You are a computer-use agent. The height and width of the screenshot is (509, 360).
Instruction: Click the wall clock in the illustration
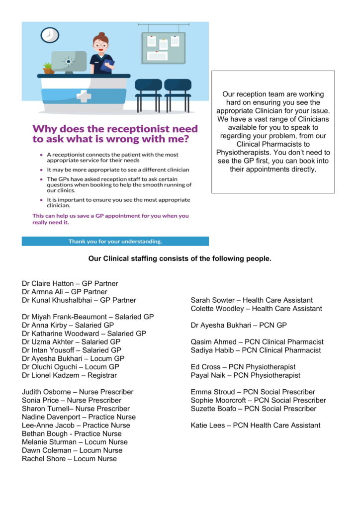(x=50, y=35)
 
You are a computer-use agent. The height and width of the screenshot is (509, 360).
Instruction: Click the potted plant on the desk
(x=48, y=68)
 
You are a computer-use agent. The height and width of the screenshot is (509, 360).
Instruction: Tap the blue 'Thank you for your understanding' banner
(x=115, y=242)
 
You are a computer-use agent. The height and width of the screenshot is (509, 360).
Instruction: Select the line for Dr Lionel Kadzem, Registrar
(x=69, y=375)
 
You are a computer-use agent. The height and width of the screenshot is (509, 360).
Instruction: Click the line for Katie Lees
(x=256, y=425)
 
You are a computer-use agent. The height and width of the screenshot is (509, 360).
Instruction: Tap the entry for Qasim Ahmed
(x=257, y=341)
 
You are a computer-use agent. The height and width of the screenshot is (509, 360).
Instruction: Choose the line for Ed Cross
(x=246, y=367)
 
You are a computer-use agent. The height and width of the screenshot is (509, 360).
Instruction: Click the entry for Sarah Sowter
(x=252, y=300)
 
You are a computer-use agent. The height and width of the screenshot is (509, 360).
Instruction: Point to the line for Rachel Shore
(x=69, y=458)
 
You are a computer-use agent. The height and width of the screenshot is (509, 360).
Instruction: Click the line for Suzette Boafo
(x=254, y=409)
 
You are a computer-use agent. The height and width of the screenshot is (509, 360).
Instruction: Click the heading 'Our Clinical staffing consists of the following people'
(x=180, y=258)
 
